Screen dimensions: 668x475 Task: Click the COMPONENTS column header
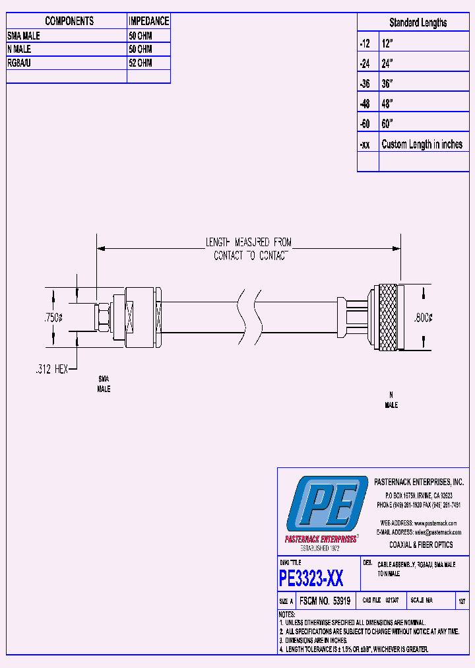click(x=69, y=21)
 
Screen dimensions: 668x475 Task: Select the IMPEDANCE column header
click(x=148, y=21)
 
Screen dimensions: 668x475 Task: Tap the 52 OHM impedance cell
click(x=141, y=63)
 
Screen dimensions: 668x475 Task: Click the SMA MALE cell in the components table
click(x=24, y=36)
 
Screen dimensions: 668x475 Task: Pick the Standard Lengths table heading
click(x=418, y=22)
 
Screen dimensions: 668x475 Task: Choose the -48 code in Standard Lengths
click(x=365, y=104)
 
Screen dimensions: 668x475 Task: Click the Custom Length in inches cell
click(x=422, y=145)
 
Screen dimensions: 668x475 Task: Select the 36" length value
click(x=387, y=84)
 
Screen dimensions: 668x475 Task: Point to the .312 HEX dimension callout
click(x=51, y=370)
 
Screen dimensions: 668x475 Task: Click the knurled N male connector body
click(x=387, y=317)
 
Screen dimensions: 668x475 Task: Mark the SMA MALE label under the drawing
click(x=104, y=384)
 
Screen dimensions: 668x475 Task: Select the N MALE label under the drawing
click(x=391, y=400)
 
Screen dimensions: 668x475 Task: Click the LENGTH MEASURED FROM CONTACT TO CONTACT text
click(x=249, y=250)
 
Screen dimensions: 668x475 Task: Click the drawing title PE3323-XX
click(x=311, y=580)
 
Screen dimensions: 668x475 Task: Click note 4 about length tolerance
click(x=353, y=650)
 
